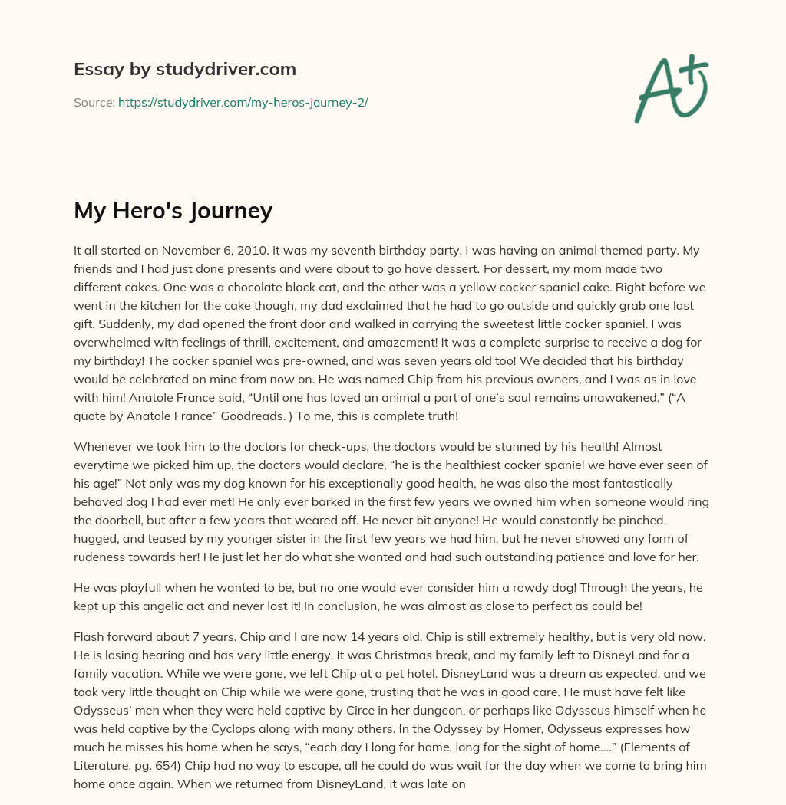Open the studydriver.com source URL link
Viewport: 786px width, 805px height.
243,102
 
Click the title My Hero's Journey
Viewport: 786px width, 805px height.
173,209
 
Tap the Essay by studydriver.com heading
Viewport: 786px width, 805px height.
185,69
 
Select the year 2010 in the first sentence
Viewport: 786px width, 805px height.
253,251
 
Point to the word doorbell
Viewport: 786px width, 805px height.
107,520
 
